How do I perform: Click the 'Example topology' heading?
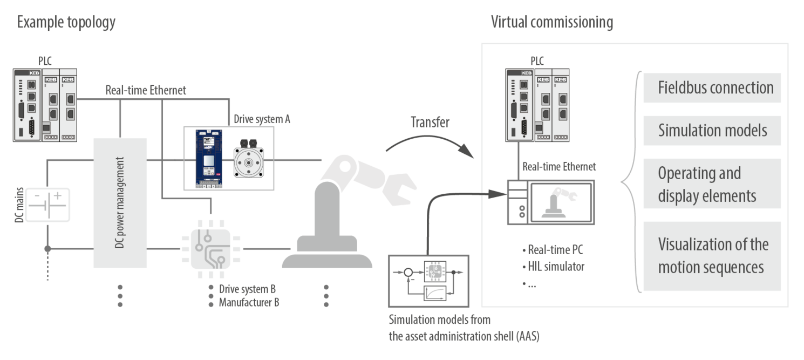click(x=66, y=23)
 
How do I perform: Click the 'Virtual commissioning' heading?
click(x=551, y=23)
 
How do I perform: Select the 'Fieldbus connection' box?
click(x=712, y=88)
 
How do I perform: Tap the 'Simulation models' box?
click(x=712, y=131)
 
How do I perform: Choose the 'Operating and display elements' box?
click(x=712, y=184)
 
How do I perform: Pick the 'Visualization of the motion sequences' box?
click(x=712, y=256)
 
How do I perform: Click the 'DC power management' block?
click(x=120, y=203)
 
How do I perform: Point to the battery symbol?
click(x=49, y=205)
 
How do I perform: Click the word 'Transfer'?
click(x=430, y=121)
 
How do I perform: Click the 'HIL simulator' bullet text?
click(x=556, y=266)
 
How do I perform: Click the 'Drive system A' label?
click(x=261, y=119)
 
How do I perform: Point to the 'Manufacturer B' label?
click(x=249, y=302)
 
